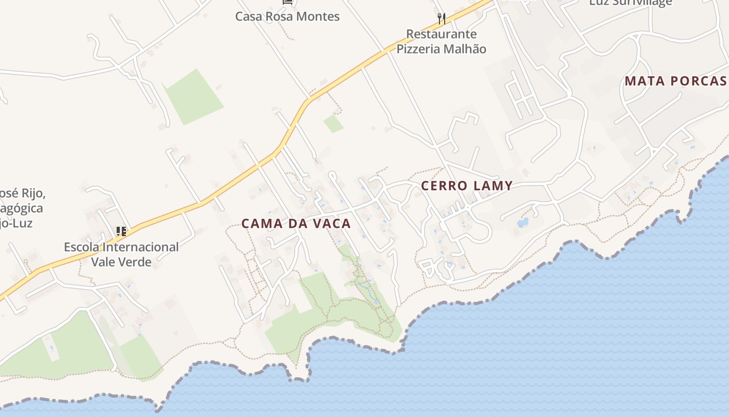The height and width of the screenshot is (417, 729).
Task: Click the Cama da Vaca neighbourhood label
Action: point(296,224)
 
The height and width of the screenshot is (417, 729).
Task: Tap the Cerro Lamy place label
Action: point(467,186)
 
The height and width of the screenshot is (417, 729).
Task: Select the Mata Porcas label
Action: point(675,81)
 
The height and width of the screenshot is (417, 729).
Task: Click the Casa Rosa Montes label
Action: point(287,16)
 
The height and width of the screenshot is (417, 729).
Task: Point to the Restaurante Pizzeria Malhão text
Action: point(441,42)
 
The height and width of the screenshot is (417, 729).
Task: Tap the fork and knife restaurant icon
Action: point(442,19)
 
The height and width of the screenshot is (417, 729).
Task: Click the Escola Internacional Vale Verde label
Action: point(121,254)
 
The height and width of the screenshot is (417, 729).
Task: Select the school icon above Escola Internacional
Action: point(121,231)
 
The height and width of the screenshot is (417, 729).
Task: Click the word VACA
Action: point(331,224)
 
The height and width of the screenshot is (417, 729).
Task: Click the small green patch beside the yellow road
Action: point(333,124)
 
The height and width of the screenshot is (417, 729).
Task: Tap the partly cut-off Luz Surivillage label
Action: point(630,3)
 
